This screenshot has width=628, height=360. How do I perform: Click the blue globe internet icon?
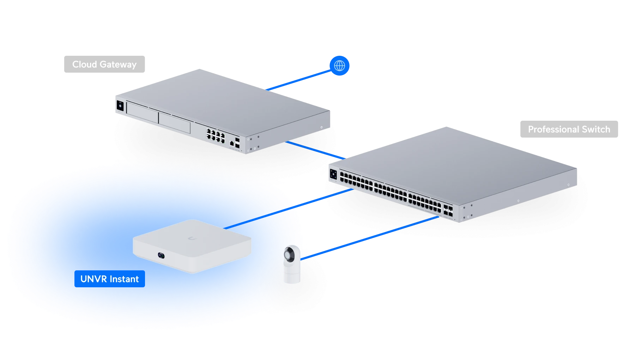coord(339,66)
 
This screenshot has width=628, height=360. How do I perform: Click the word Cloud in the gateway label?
coord(84,64)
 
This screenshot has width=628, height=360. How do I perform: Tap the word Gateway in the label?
coord(118,65)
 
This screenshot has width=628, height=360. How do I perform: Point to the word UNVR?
coord(92,279)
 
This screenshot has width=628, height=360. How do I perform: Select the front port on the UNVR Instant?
coord(162,254)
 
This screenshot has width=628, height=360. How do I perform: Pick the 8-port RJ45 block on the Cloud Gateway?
coord(216,136)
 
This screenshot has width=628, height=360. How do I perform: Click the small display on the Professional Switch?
coord(333,174)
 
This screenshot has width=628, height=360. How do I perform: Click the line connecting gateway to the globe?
coord(300,79)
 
